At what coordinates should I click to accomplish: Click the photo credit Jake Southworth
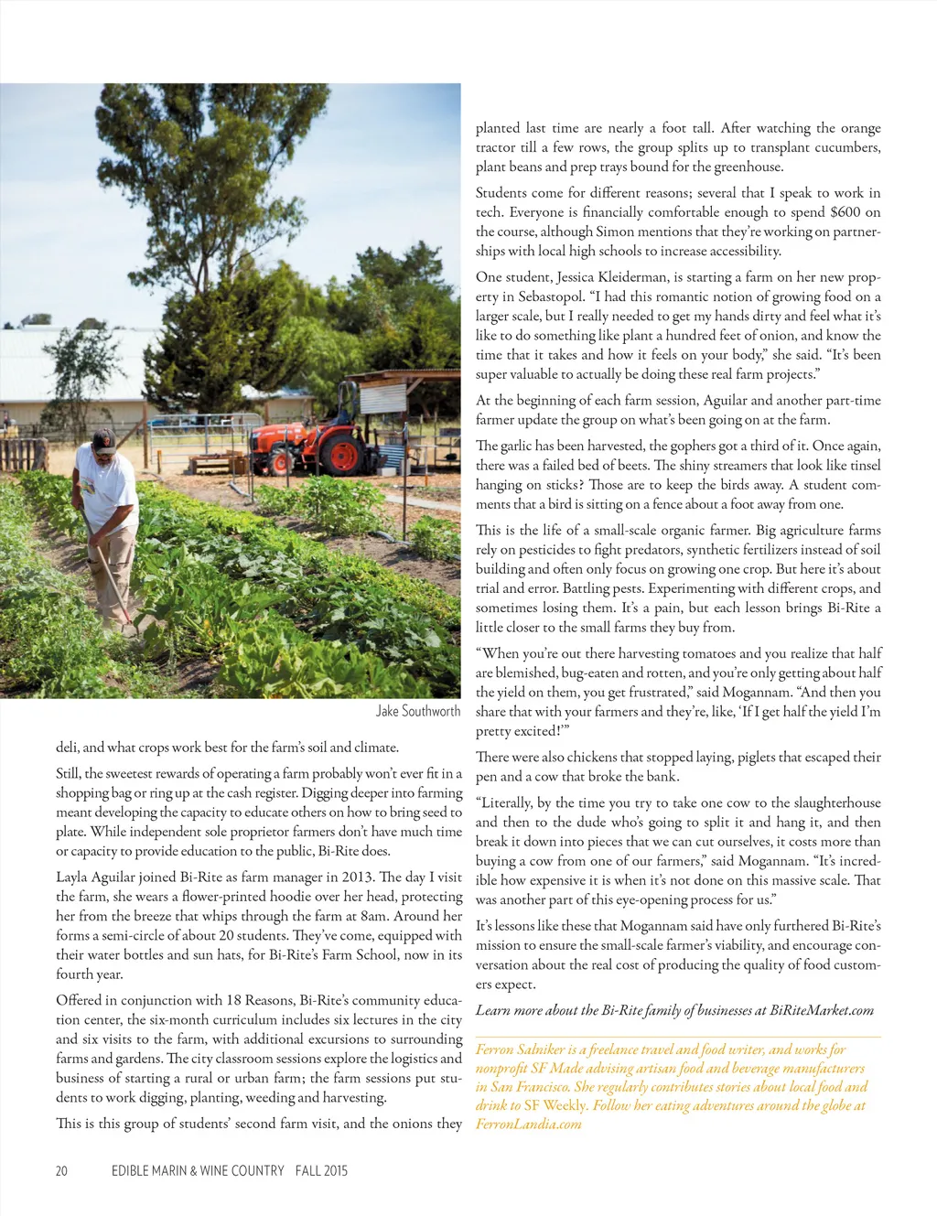[418, 711]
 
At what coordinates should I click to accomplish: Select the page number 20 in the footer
[61, 1170]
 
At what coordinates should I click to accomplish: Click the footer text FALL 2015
[321, 1170]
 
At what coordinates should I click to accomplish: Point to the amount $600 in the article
[845, 212]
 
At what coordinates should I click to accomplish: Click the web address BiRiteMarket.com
[822, 1010]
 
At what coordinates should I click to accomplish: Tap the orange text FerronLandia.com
[528, 1124]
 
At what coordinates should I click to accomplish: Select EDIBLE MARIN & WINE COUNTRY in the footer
[198, 1170]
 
